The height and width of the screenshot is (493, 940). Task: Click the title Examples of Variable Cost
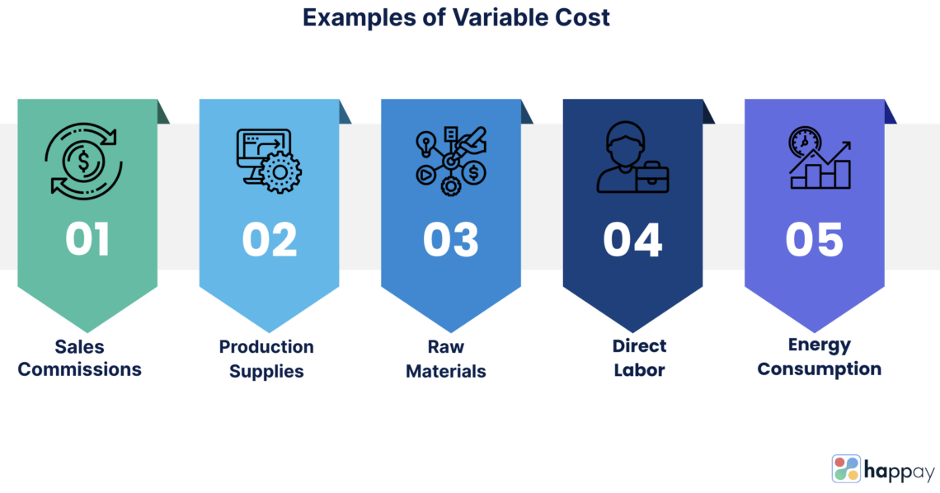(x=456, y=17)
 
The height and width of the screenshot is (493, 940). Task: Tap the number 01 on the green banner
(x=87, y=239)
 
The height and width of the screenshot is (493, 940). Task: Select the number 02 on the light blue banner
(x=269, y=239)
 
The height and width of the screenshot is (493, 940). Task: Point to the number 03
(x=451, y=239)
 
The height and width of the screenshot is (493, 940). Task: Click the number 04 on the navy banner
(x=632, y=239)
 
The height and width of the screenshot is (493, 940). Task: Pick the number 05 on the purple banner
(x=814, y=239)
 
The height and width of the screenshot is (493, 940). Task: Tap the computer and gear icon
(x=268, y=160)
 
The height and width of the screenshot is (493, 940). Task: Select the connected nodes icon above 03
(x=450, y=160)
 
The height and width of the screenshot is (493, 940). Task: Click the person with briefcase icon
(x=631, y=159)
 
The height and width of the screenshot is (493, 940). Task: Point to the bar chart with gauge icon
(x=819, y=158)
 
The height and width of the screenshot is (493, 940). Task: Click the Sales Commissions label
(x=80, y=358)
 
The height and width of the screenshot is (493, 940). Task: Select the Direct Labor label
(x=639, y=358)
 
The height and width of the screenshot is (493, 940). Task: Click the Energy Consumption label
(x=819, y=357)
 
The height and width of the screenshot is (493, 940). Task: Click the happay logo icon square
(x=845, y=468)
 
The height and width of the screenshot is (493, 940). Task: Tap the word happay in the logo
(x=900, y=471)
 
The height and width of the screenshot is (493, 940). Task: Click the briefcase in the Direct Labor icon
(x=651, y=176)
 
